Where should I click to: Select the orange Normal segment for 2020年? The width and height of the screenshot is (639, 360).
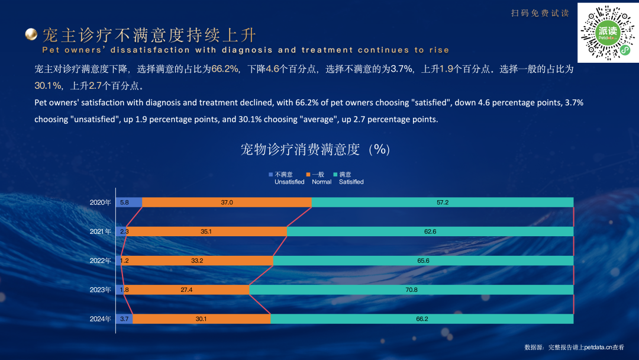point(227,202)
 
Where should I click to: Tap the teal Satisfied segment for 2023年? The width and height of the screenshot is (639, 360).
point(411,290)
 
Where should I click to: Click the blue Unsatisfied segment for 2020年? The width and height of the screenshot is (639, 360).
point(129,202)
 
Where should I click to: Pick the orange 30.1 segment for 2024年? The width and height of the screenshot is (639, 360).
point(201,319)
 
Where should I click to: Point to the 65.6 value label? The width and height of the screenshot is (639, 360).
point(422,261)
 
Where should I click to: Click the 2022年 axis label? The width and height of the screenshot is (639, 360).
point(100,261)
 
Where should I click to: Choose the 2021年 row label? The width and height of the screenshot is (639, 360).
point(100,232)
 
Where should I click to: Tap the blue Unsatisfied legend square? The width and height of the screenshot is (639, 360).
point(271,175)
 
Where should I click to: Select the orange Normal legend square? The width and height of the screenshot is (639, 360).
point(308,175)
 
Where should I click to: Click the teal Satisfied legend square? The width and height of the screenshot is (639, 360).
point(335,175)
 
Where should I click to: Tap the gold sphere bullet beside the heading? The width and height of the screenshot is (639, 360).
point(31,34)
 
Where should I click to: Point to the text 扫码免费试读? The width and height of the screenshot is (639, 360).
point(540,13)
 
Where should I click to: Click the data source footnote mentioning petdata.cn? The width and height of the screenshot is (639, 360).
point(574,348)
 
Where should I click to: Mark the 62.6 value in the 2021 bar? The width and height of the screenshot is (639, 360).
point(430,232)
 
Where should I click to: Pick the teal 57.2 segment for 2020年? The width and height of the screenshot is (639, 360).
point(443,202)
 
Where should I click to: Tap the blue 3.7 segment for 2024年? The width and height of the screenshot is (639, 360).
point(124,319)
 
